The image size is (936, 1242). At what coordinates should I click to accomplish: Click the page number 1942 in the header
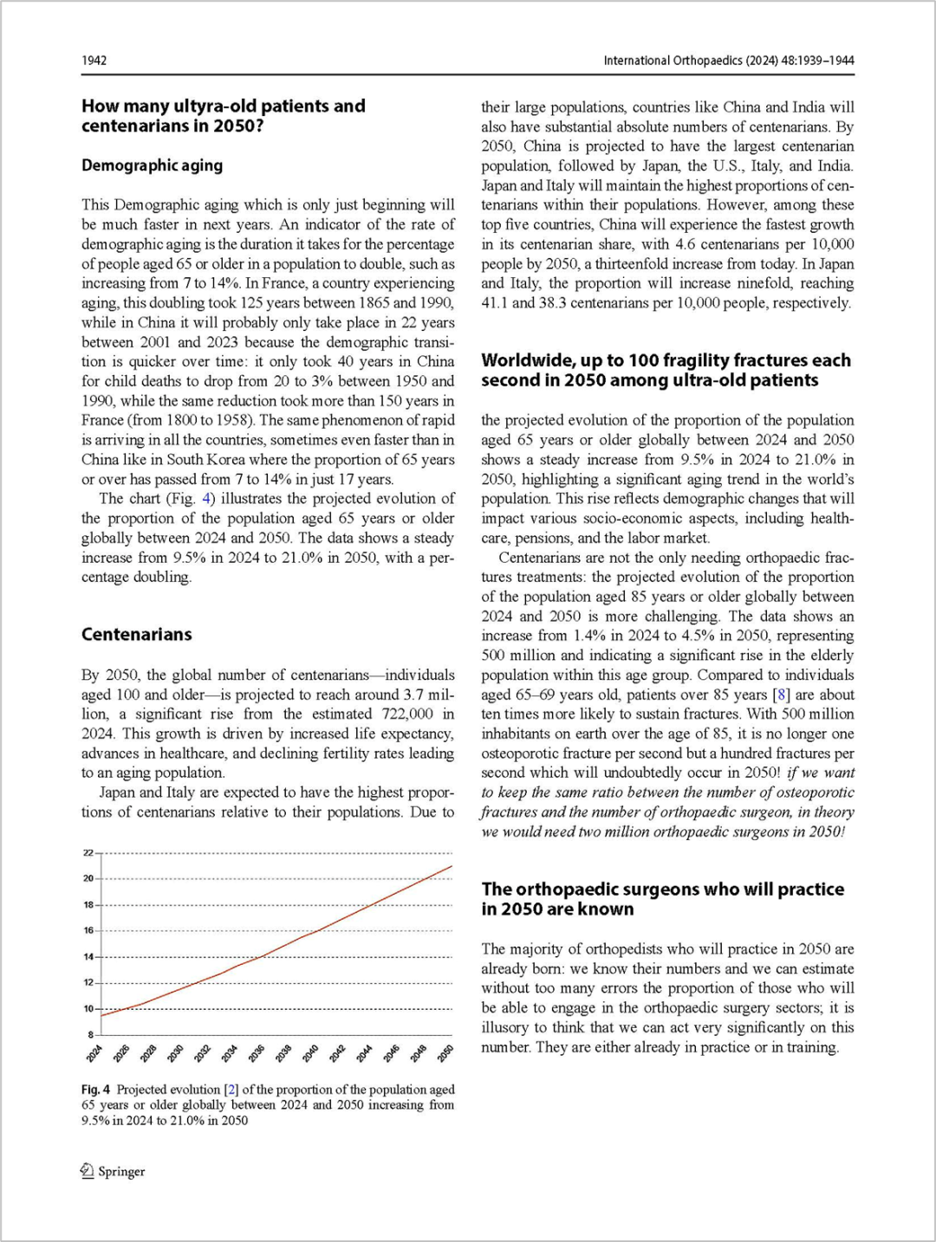point(94,61)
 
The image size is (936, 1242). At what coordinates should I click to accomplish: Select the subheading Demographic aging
point(152,165)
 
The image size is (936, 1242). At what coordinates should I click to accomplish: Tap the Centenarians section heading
point(137,635)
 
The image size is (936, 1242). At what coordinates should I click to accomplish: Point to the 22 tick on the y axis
point(88,853)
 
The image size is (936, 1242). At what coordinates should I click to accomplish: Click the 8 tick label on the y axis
point(90,1035)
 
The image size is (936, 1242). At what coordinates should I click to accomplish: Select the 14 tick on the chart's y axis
point(88,957)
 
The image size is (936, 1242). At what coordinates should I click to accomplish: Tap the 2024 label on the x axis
point(94,1053)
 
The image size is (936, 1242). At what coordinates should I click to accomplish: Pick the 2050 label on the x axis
point(446,1053)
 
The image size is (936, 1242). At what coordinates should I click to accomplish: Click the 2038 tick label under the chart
point(283,1053)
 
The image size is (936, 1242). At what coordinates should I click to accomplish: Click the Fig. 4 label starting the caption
point(95,1090)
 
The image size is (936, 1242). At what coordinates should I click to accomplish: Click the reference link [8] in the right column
point(782,695)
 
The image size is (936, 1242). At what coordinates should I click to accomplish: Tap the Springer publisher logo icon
point(88,1171)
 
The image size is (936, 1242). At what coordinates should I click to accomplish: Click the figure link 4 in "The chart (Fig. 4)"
point(206,499)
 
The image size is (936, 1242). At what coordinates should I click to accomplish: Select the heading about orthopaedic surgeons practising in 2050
point(662,899)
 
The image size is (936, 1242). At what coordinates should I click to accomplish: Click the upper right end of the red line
point(452,866)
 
